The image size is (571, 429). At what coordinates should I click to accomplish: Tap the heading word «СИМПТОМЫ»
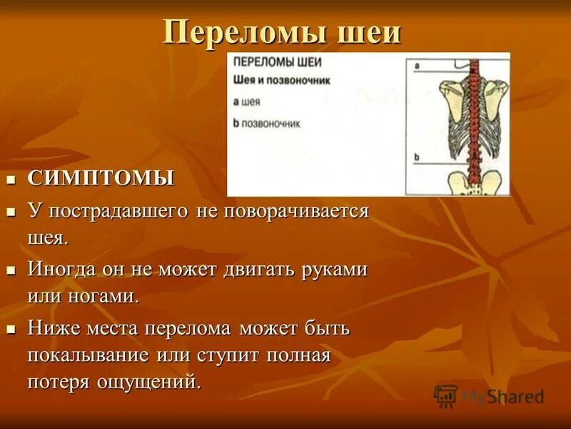click(x=101, y=178)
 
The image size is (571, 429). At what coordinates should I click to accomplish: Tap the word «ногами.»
click(x=100, y=296)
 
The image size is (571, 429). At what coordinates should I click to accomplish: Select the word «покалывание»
click(x=88, y=355)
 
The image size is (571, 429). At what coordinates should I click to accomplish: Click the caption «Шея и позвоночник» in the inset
click(x=282, y=81)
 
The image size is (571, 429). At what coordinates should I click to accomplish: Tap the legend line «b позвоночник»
click(x=267, y=123)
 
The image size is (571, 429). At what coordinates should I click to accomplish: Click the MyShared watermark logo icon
click(x=445, y=395)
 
